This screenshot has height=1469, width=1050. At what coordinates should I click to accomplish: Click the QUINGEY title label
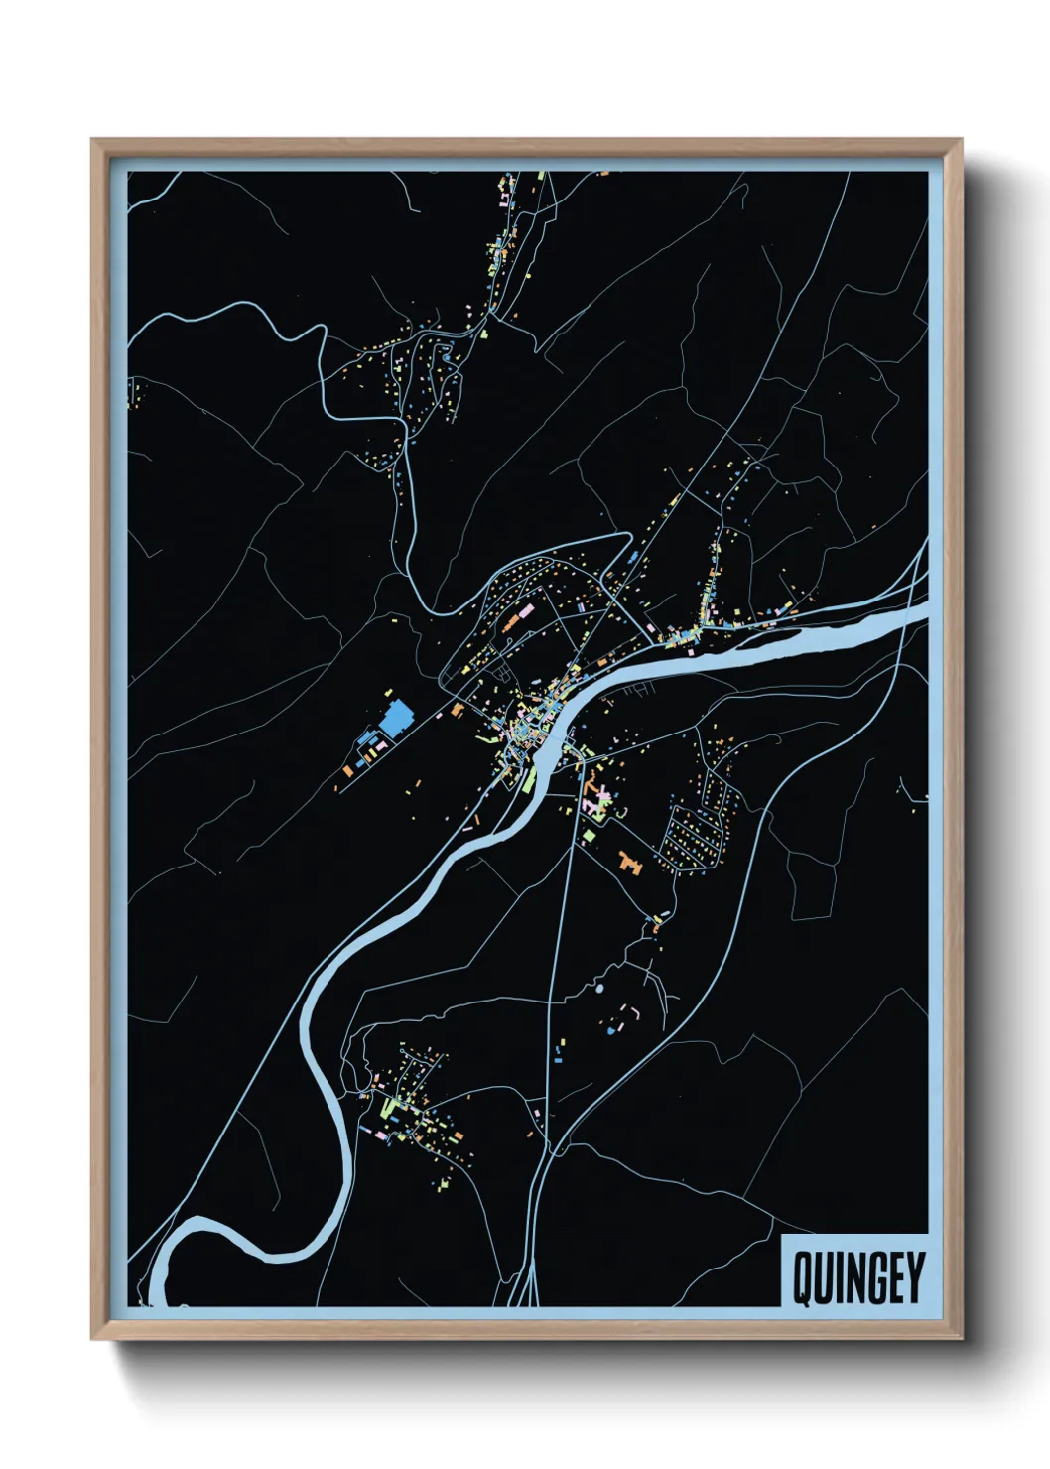pyautogui.click(x=856, y=1277)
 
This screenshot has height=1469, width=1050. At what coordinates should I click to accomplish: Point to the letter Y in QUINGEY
pyautogui.click(x=914, y=1278)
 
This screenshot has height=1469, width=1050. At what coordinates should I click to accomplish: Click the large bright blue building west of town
pyautogui.click(x=397, y=718)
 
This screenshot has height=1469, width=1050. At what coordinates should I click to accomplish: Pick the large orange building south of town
pyautogui.click(x=629, y=862)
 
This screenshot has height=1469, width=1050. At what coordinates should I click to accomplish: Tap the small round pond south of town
pyautogui.click(x=598, y=989)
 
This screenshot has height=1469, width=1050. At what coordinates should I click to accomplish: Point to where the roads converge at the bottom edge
pyautogui.click(x=526, y=1295)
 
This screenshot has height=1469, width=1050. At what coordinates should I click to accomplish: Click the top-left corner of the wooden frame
pyautogui.click(x=92, y=140)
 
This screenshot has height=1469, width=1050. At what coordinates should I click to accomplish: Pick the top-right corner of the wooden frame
pyautogui.click(x=961, y=140)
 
